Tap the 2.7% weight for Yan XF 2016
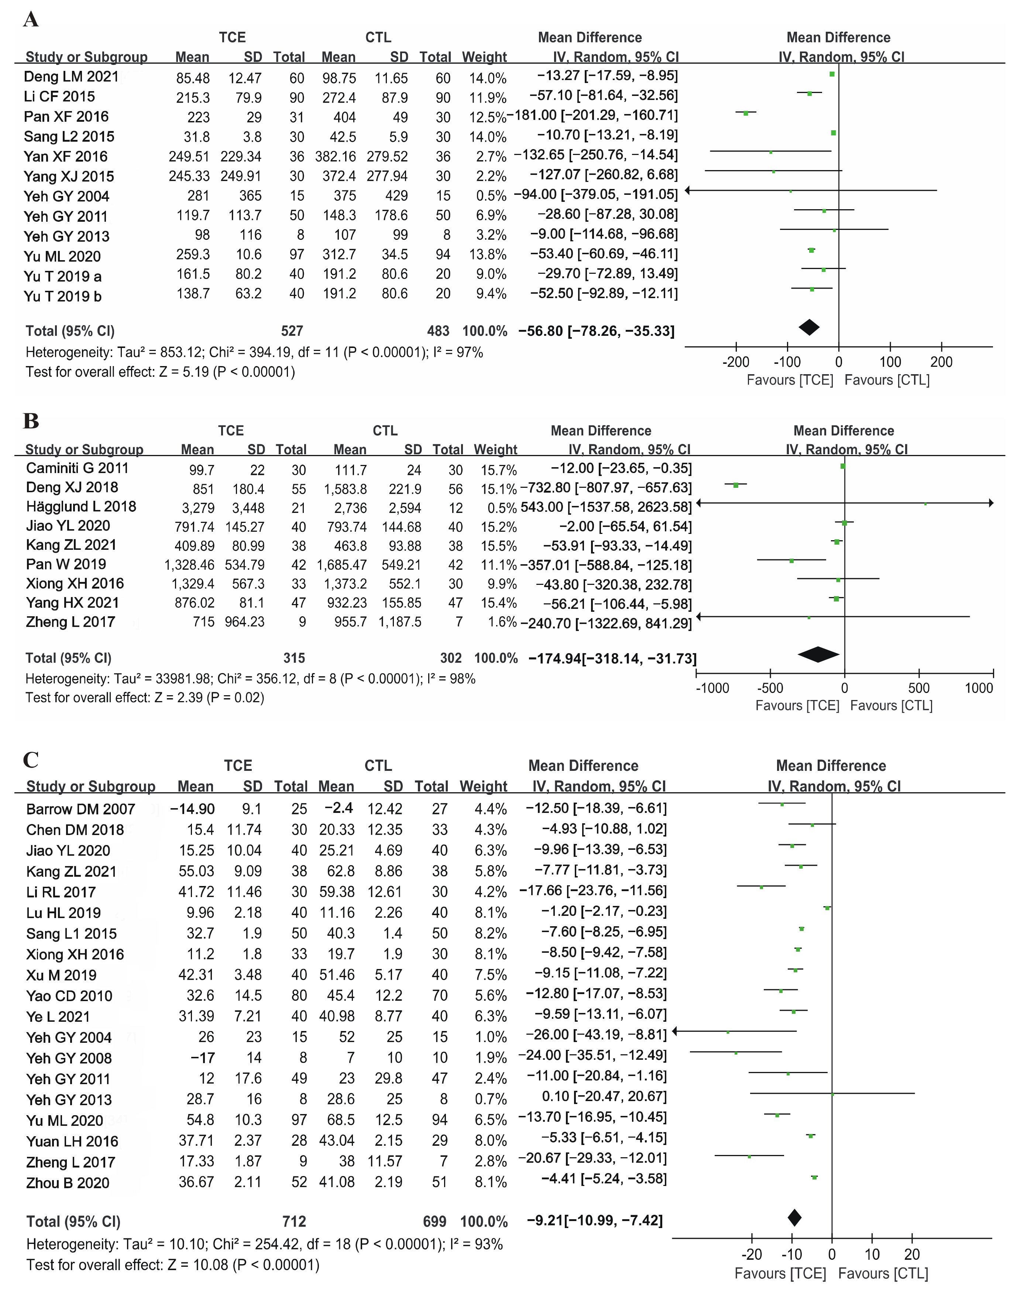[491, 156]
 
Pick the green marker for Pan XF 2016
[745, 113]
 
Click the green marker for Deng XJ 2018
[736, 486]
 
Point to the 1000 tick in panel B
[979, 688]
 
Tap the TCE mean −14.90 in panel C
[192, 808]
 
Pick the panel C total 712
[294, 1221]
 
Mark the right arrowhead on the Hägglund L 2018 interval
[991, 503]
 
